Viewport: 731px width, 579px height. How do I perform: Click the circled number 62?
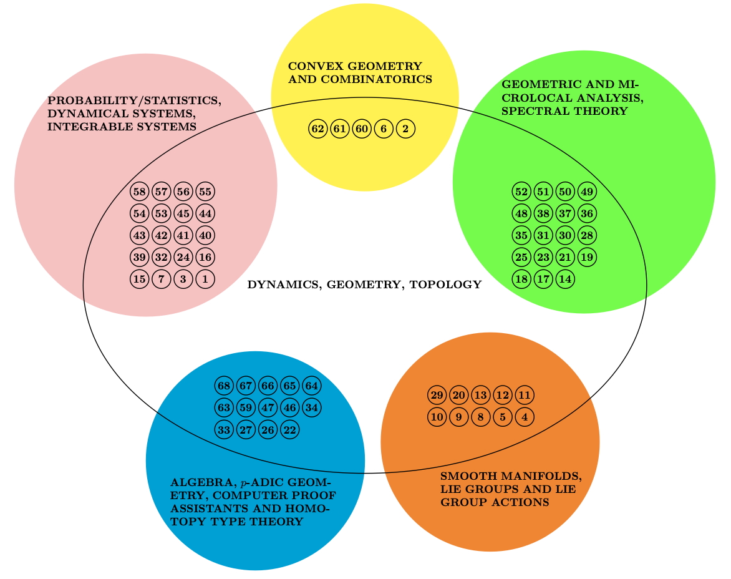tap(317, 129)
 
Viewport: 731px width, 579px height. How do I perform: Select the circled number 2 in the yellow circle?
tap(405, 129)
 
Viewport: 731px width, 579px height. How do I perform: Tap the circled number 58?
tap(139, 192)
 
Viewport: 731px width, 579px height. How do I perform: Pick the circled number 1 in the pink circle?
tap(205, 279)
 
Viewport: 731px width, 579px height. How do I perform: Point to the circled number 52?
tap(521, 191)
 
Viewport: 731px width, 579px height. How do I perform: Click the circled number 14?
tap(565, 278)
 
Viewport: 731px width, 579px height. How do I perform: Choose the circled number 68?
tap(224, 386)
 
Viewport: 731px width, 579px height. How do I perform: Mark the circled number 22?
tap(289, 429)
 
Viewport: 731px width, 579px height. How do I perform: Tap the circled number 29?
tap(437, 395)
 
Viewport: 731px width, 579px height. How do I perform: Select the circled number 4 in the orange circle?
tap(525, 417)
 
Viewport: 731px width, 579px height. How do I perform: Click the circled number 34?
tap(311, 407)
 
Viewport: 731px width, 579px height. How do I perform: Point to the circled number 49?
tap(587, 191)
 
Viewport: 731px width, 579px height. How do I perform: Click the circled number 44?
tap(205, 213)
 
